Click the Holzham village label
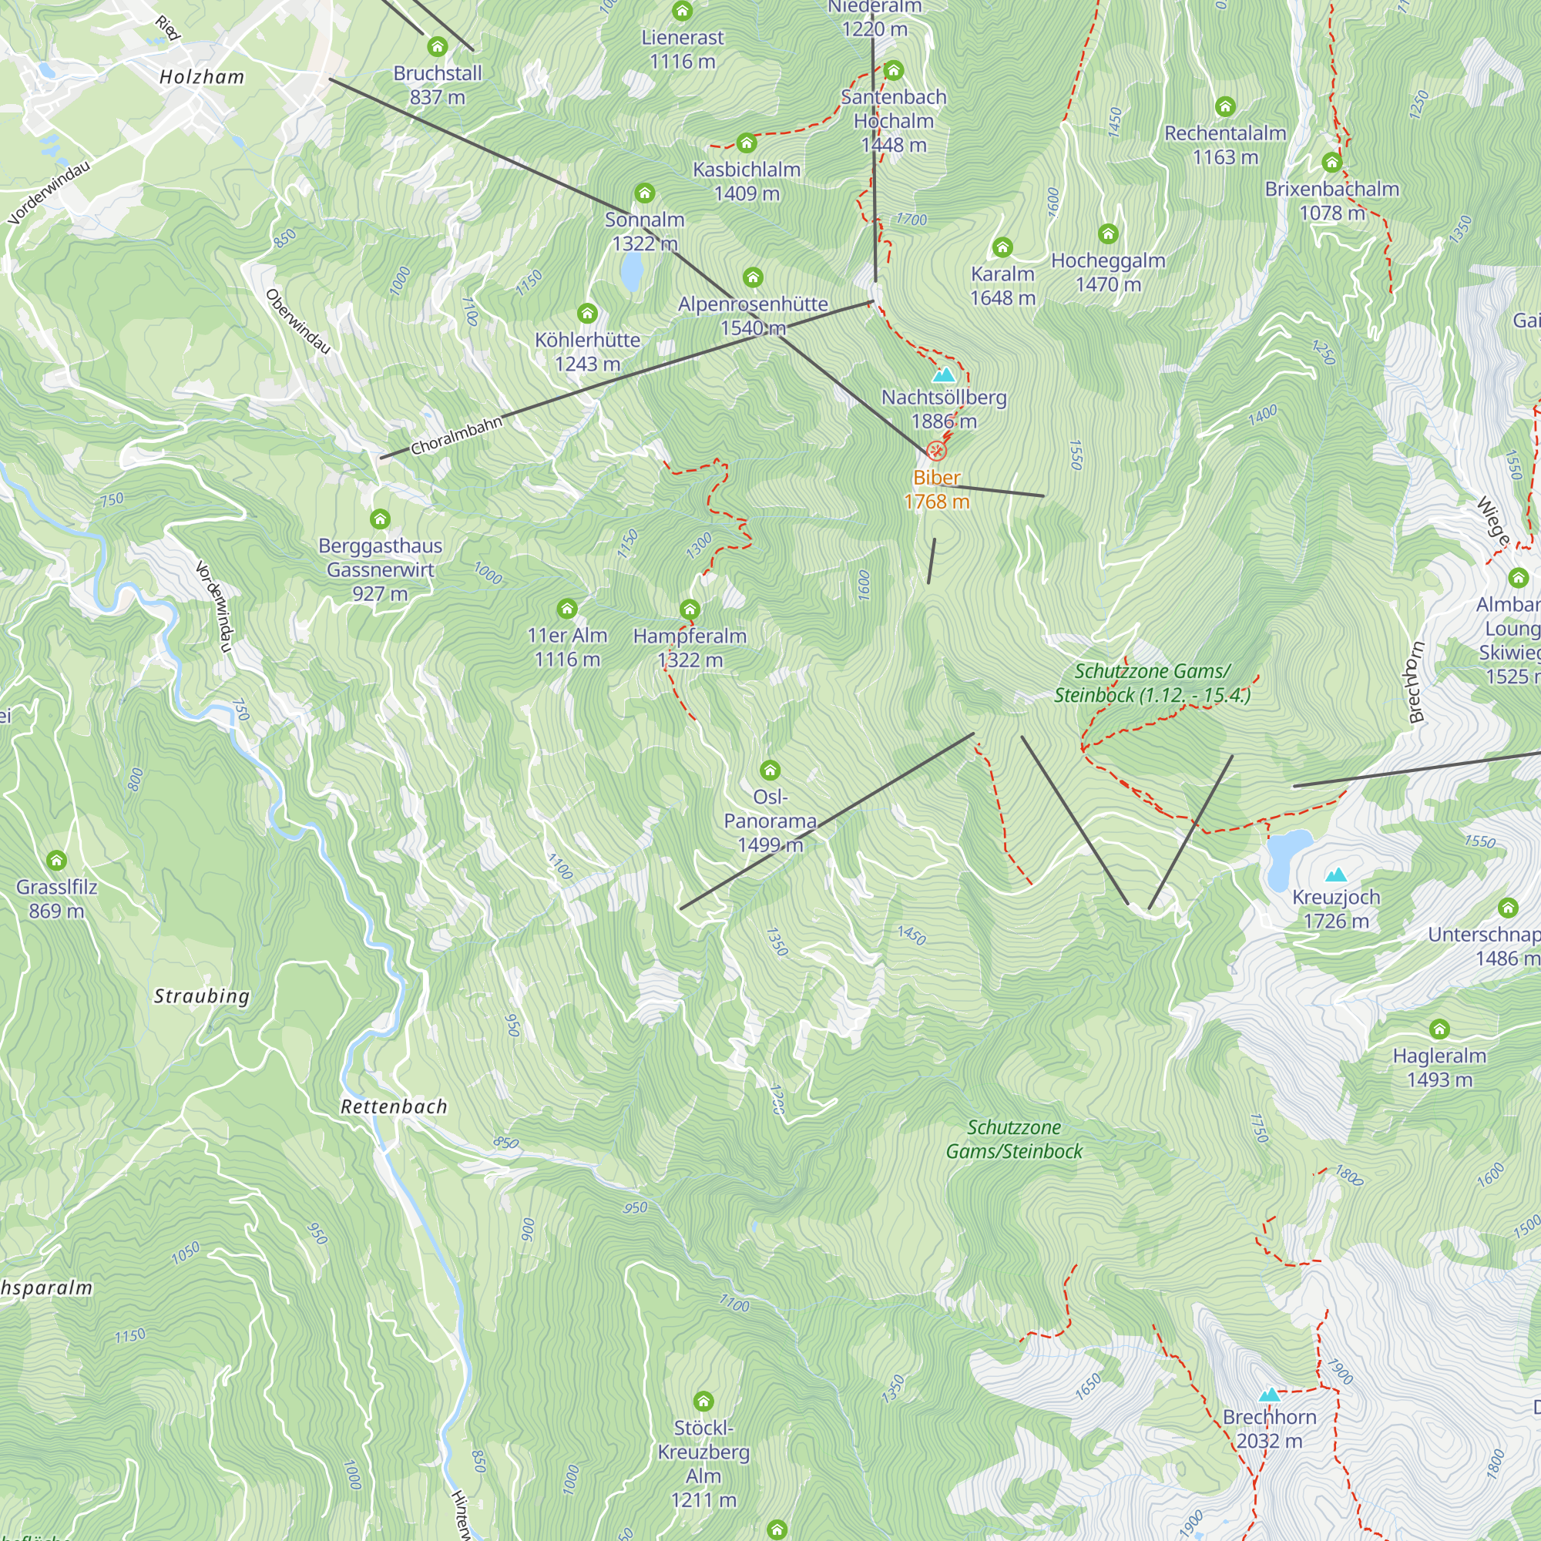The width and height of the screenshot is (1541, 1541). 202,77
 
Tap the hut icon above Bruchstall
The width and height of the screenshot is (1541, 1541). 437,47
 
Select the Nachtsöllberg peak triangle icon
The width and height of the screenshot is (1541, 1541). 944,375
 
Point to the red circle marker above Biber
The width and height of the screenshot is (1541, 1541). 936,452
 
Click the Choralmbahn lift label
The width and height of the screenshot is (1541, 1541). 456,435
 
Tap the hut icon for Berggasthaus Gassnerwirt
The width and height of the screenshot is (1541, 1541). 381,519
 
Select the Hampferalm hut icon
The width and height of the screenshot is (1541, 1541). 690,609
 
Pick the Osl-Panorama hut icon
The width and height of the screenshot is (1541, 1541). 770,770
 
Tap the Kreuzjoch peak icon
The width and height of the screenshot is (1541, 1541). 1336,875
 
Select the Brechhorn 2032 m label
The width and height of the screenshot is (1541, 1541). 1269,1429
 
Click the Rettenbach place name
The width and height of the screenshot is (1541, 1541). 394,1106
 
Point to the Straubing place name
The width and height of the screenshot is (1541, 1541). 202,995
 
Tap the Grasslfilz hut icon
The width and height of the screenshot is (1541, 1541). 55,860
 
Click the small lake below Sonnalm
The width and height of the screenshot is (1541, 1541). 631,272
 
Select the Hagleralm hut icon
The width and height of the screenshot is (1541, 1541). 1439,1028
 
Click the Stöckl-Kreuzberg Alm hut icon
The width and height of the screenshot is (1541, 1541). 703,1402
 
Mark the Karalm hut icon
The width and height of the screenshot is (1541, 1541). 1002,247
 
